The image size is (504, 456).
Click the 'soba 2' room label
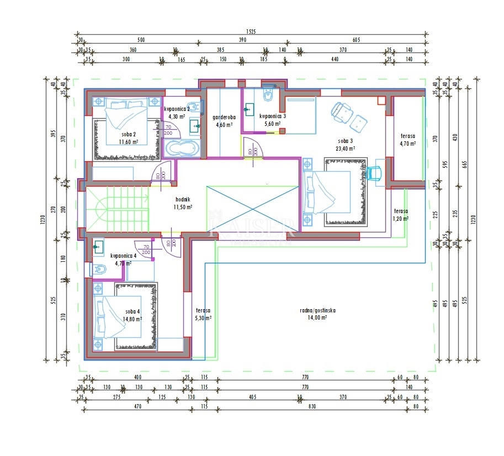point(129,134)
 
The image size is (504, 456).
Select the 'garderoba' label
point(224,117)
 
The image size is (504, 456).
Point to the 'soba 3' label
point(346,141)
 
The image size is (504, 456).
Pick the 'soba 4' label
point(133,312)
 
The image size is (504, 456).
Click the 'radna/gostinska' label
point(317,310)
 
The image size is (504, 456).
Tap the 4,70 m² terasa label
point(408,136)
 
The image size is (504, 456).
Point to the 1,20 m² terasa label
point(401,211)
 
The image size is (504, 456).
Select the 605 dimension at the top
point(356,40)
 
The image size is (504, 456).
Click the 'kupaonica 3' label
point(273,116)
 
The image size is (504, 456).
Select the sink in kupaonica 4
point(98,247)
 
